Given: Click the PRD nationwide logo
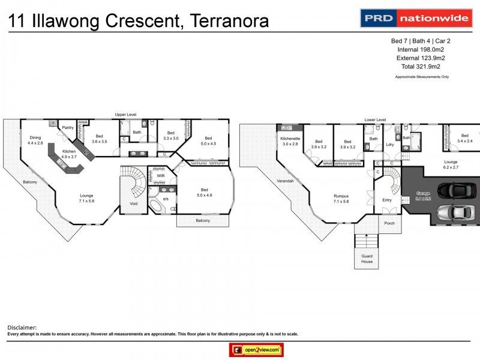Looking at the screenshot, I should pos(415,18).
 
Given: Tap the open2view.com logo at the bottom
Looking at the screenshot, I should pos(256,350).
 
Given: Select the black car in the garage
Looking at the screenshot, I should pos(458,191).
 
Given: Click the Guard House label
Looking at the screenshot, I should pos(366,259).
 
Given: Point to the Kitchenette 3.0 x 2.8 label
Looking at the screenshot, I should pos(290,141).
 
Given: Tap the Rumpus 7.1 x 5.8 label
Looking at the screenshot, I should pos(343,198).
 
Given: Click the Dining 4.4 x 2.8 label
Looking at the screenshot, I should pos(35,140).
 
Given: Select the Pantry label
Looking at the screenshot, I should pos(68,127).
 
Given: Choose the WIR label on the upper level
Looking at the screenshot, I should pos(161,176).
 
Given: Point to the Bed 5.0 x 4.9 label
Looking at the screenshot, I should pos(202,192).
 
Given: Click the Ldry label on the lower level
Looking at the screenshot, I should pos(389,144).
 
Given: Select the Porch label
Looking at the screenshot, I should pos(389,223).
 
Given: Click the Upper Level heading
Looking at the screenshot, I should pos(126,114).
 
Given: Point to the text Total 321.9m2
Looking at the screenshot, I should pos(421,67).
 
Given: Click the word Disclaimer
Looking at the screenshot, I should pos(22,328).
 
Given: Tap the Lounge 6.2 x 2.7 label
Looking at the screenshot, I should pos(450,165).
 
